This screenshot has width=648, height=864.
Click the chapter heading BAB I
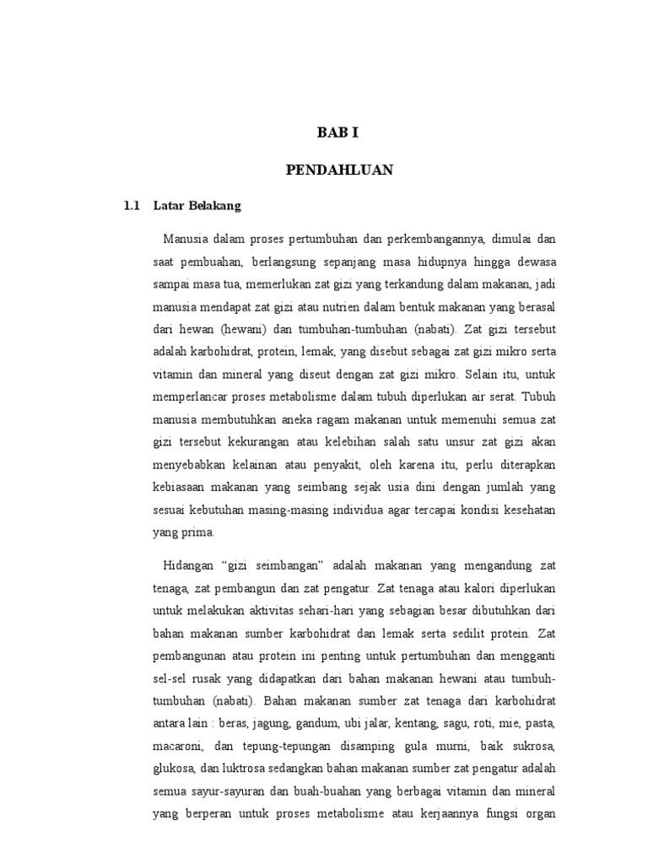[337, 133]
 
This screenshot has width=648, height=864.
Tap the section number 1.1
[130, 205]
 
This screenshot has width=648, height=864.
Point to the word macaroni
[180, 746]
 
